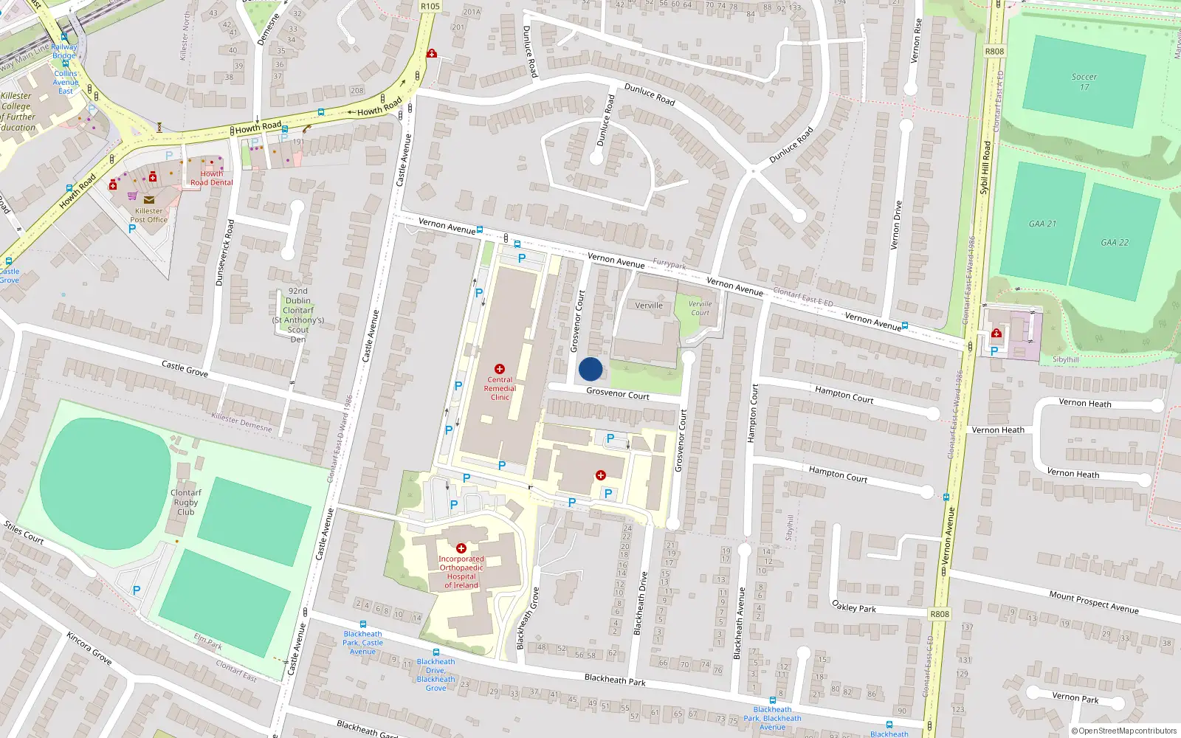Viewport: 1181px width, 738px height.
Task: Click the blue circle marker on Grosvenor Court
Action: (590, 369)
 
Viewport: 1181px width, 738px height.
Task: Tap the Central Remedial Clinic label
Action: (500, 388)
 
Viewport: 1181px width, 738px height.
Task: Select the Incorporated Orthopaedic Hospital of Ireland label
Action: (461, 572)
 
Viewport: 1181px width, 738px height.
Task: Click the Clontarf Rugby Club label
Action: (185, 502)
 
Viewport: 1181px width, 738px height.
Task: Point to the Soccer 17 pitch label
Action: (1084, 81)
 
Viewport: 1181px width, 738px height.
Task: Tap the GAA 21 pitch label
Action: (1042, 224)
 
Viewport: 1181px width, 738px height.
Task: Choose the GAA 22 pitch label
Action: (1115, 242)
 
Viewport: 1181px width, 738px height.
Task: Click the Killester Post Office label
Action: (148, 215)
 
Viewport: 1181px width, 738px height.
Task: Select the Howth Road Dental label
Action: (211, 178)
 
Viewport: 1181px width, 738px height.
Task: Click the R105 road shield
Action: (430, 7)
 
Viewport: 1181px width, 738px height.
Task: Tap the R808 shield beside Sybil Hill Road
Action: (994, 52)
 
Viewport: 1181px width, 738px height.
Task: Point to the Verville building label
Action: (649, 305)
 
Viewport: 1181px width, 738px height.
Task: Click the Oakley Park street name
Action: (854, 607)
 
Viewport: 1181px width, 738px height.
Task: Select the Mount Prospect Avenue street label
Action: (1093, 602)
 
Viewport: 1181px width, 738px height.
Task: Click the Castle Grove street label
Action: (185, 368)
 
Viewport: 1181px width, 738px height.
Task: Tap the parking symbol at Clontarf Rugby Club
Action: (136, 590)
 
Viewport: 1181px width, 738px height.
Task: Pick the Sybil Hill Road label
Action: (985, 168)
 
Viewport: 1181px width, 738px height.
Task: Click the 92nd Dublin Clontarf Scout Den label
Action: (298, 315)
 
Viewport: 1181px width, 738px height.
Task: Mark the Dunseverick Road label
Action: (224, 252)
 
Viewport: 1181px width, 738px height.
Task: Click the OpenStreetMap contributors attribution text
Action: (1124, 731)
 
